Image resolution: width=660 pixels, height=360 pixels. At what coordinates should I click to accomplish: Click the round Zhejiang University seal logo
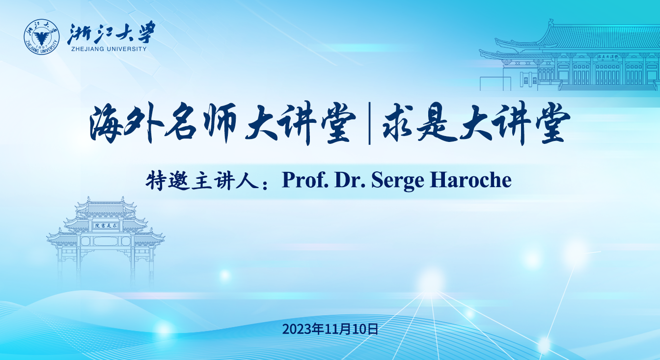point(42,37)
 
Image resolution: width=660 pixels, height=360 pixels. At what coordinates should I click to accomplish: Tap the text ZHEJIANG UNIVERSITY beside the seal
point(109,49)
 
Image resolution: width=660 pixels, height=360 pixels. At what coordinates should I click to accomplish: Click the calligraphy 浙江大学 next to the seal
point(111,32)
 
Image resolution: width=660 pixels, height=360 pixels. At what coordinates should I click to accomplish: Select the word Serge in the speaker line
point(397,180)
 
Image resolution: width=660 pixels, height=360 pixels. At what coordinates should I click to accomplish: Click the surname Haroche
point(470,180)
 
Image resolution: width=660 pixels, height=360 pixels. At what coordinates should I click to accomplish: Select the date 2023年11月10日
point(330,329)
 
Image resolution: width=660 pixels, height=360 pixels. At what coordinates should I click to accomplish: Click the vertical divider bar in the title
point(369,124)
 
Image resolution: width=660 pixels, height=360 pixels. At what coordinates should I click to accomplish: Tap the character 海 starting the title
point(107,123)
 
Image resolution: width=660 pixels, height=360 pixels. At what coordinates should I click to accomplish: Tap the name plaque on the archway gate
point(105,225)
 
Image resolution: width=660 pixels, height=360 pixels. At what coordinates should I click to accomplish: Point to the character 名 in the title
point(180,122)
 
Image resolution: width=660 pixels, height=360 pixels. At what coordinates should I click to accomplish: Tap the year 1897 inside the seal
point(42,47)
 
